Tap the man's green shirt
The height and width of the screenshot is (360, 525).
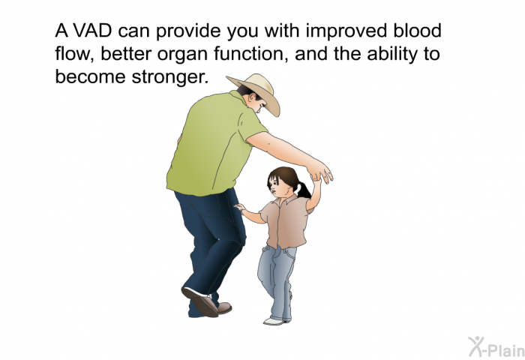click(210, 146)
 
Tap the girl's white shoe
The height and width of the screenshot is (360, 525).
click(274, 321)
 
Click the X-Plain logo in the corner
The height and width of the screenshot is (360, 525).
click(493, 346)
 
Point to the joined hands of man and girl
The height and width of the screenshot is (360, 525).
click(321, 175)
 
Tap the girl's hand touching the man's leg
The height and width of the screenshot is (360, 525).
click(239, 208)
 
